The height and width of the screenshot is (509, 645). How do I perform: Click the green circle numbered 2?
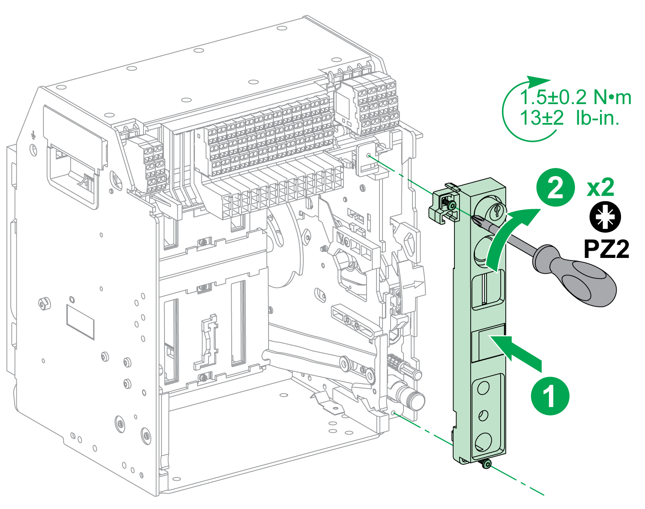[555, 187]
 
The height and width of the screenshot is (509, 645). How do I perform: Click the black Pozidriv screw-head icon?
[605, 218]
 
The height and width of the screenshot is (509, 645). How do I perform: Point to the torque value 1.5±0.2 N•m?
[576, 98]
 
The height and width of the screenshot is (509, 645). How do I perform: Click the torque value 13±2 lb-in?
[570, 118]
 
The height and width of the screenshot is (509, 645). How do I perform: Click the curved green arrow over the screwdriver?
[510, 236]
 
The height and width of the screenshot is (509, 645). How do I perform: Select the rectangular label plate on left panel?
[80, 321]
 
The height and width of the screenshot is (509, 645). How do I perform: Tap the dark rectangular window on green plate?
[488, 345]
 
